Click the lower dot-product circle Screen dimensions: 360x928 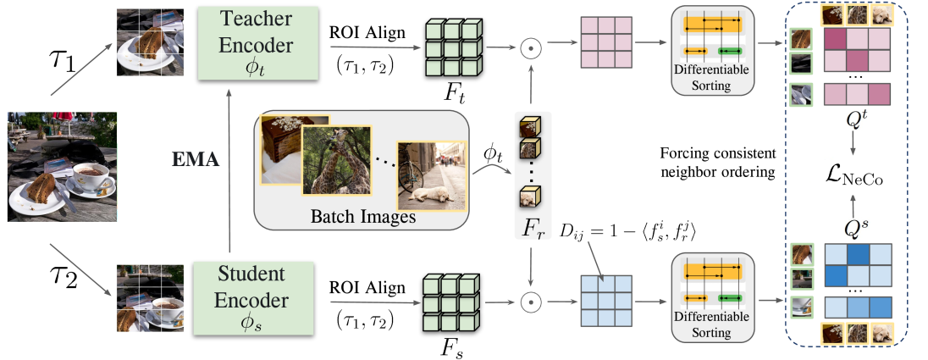click(x=531, y=299)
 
